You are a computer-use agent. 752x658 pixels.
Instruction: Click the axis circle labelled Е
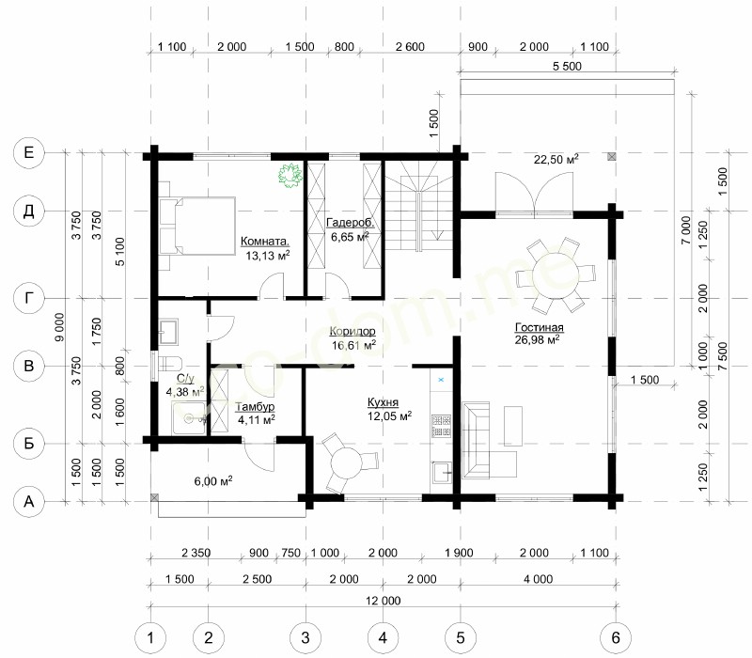point(29,152)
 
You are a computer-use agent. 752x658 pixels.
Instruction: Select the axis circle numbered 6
point(616,638)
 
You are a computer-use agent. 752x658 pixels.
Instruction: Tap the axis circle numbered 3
point(305,638)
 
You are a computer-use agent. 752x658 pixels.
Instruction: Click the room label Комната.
point(265,242)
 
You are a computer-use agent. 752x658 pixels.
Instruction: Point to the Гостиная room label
point(539,327)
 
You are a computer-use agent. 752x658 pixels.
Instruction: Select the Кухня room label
point(383,402)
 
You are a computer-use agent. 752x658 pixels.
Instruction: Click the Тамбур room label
point(255,407)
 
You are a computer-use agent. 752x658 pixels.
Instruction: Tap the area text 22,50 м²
point(556,159)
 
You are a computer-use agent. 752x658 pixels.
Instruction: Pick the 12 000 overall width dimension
point(383,601)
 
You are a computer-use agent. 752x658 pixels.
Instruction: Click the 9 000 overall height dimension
point(59,327)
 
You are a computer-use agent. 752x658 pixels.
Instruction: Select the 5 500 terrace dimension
point(567,66)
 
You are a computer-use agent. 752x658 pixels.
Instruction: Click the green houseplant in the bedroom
point(290,175)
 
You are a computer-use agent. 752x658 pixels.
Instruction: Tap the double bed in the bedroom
point(196,226)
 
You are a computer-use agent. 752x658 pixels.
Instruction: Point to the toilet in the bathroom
point(170,363)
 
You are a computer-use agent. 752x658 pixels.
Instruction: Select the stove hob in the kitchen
point(441,427)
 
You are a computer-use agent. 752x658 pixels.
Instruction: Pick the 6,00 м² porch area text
point(213,480)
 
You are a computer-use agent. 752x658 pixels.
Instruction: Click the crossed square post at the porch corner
point(154,498)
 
